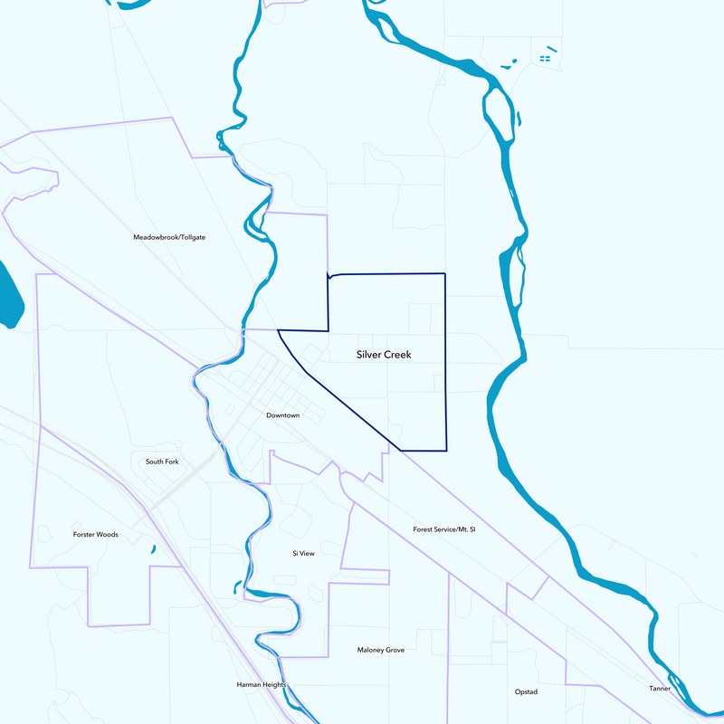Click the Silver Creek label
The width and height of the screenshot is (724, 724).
pos(384,355)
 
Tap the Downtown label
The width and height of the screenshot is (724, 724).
pos(282,415)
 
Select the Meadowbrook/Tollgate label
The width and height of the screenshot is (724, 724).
pos(169,237)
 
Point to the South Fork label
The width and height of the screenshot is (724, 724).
pos(162,462)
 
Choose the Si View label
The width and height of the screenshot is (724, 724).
pos(302,553)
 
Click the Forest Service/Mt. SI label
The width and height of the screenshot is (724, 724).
pos(443,529)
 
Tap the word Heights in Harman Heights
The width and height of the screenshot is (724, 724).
pos(272,685)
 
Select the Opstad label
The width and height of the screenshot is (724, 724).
pos(525,692)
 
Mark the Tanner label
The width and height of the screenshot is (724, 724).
pos(660,689)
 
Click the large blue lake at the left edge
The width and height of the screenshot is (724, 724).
pos(9,294)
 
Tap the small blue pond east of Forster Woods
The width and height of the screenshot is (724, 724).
pos(151,548)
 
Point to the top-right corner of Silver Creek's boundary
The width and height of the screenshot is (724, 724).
pos(445,273)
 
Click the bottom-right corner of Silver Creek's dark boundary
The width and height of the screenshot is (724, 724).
pos(447,450)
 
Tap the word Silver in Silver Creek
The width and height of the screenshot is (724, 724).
pos(369,355)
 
